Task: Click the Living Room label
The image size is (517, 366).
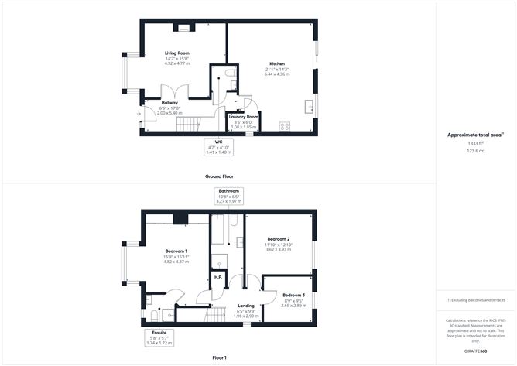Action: coord(176,53)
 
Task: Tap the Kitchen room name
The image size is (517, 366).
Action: coord(276,63)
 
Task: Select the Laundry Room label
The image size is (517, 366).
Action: coord(243,116)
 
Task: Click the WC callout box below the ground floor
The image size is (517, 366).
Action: coord(219,147)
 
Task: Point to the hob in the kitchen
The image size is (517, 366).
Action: coord(284,126)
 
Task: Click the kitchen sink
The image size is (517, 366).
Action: coord(309,106)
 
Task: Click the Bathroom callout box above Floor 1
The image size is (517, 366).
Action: coord(229,195)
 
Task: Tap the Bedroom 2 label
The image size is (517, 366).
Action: coord(278,239)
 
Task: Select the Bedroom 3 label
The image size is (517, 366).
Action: coord(293,296)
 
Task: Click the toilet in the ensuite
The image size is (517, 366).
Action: coord(153,315)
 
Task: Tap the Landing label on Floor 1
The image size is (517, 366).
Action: coord(245,305)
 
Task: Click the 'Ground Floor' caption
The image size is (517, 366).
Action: coord(219,176)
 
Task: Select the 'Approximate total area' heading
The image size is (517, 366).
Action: coord(474,135)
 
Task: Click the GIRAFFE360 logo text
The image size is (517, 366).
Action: coord(475,351)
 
